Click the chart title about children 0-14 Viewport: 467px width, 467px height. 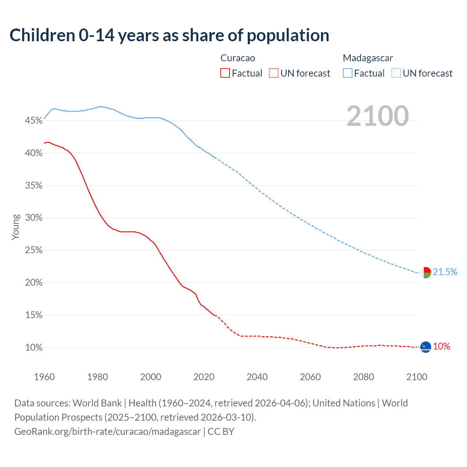(x=169, y=35)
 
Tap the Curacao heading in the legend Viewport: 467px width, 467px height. (x=238, y=58)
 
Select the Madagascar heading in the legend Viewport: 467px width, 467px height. (x=368, y=58)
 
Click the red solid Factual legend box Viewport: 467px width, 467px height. (x=225, y=73)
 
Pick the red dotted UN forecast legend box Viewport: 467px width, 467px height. (x=274, y=73)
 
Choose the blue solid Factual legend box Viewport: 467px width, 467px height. (x=347, y=73)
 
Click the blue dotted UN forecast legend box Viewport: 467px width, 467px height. (x=396, y=73)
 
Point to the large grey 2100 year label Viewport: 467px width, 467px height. (x=377, y=116)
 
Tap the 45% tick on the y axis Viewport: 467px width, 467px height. (x=34, y=121)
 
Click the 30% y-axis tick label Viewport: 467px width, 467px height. (x=34, y=218)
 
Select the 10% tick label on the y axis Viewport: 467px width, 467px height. (x=34, y=347)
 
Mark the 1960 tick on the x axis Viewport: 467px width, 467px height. (x=44, y=377)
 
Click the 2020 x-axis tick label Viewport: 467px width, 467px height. (x=204, y=377)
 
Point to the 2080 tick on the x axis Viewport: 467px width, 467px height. (x=363, y=377)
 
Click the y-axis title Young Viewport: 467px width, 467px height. (x=16, y=227)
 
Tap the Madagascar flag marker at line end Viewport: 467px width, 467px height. (x=426, y=273)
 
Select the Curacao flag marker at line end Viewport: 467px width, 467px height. (x=426, y=347)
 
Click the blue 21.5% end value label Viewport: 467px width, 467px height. (x=445, y=272)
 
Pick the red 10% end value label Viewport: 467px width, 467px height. (x=441, y=347)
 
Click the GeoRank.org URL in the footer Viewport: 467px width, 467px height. (x=107, y=432)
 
